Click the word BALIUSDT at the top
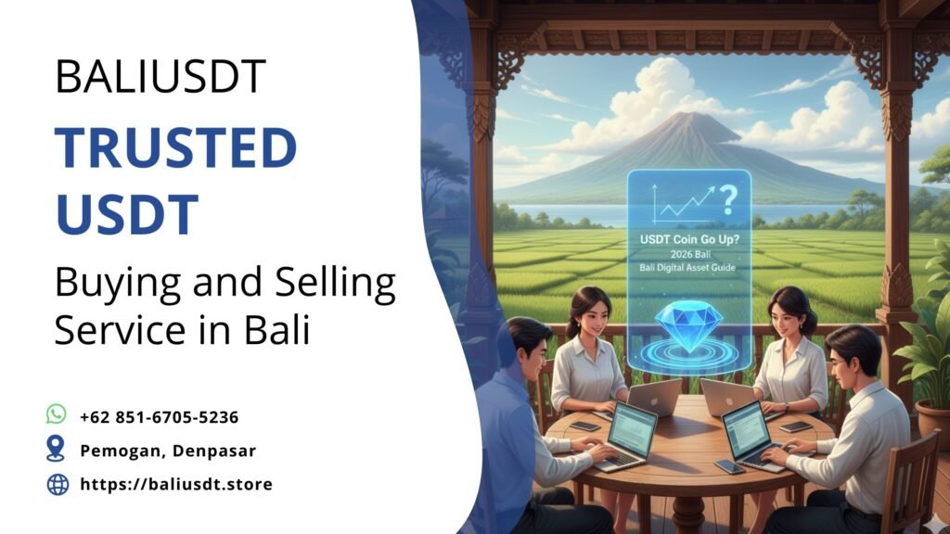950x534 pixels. point(160,77)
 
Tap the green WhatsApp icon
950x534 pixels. point(57,414)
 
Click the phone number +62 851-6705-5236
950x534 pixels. point(160,416)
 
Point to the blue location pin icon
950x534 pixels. point(57,449)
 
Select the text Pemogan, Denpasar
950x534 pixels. point(167,451)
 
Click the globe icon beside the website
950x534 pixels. point(58,483)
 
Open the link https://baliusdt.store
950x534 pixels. point(176,484)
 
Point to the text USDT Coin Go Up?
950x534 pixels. point(687,238)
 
